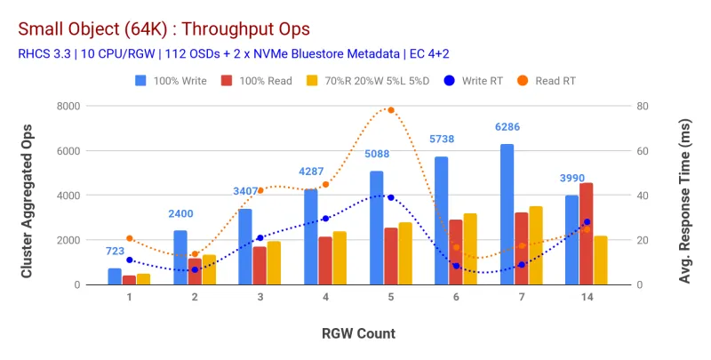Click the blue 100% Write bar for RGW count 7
tap(507, 214)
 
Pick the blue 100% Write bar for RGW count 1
tap(115, 276)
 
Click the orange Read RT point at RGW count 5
tap(390, 110)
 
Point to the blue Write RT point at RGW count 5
tap(390, 197)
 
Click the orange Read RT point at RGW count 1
tap(130, 238)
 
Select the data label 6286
tap(507, 128)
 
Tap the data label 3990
tap(571, 179)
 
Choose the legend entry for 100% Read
tap(263, 81)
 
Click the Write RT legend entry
tap(475, 81)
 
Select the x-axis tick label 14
tap(586, 299)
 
